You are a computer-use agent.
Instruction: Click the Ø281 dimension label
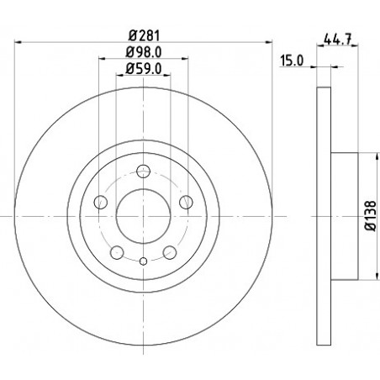144,36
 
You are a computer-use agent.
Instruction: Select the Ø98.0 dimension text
144,52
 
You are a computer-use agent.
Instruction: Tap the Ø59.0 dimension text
144,69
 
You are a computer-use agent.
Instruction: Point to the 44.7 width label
337,39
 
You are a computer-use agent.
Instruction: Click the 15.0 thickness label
292,61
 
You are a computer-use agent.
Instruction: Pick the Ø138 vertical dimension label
371,216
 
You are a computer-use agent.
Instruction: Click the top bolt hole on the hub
144,172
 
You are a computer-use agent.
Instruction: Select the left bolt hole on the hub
101,202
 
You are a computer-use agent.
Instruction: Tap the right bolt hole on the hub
186,202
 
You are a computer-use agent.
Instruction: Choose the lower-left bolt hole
117,252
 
